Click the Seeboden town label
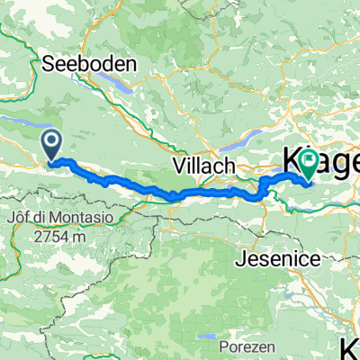[88, 64]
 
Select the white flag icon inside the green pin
[310, 162]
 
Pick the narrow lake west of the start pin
[18, 118]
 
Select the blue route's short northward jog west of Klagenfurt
[262, 184]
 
